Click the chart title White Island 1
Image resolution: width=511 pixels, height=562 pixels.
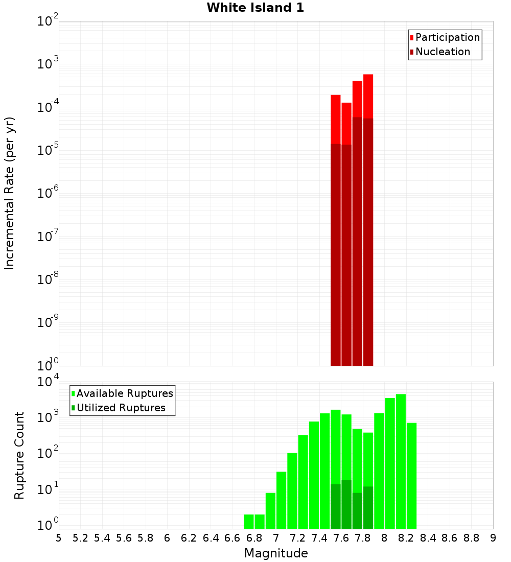[x=255, y=8]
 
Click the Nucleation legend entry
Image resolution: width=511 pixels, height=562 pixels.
[x=443, y=52]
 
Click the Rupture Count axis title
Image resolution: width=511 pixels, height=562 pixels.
[x=19, y=455]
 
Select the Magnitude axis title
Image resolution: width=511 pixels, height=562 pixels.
[x=276, y=553]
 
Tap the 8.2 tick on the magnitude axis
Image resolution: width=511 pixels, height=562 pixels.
[x=406, y=538]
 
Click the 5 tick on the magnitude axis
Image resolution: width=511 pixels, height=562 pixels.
[x=59, y=538]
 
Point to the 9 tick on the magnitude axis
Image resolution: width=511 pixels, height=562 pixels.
[x=493, y=538]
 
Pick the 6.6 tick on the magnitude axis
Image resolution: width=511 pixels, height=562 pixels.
[x=233, y=538]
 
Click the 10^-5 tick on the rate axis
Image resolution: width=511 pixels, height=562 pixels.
[x=47, y=150]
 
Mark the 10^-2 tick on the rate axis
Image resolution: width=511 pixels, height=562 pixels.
[x=47, y=21]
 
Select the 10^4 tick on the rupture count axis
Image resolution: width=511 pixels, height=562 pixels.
[x=47, y=382]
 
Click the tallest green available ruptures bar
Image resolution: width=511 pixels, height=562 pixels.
[x=401, y=460]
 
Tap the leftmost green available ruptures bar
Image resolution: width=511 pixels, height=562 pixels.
[x=249, y=521]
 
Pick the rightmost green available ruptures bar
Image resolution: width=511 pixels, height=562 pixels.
[x=411, y=475]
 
